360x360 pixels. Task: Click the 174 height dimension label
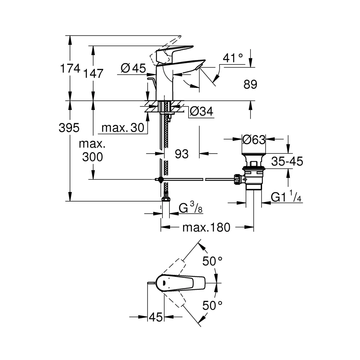click(x=70, y=68)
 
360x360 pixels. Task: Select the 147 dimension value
click(x=94, y=73)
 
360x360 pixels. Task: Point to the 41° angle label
click(x=233, y=58)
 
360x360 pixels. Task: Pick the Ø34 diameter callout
click(x=200, y=112)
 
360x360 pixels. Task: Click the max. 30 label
click(x=122, y=128)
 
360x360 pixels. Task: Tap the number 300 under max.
click(x=92, y=157)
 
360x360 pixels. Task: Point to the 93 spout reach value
click(x=181, y=154)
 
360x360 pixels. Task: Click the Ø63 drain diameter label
click(x=254, y=140)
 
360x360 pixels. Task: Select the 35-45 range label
click(x=287, y=162)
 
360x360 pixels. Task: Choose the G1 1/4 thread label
click(x=286, y=198)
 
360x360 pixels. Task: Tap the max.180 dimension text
click(x=206, y=228)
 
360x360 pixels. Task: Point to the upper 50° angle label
click(x=212, y=261)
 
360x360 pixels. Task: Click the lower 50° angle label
click(x=212, y=306)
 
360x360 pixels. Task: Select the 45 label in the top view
click(x=156, y=317)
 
